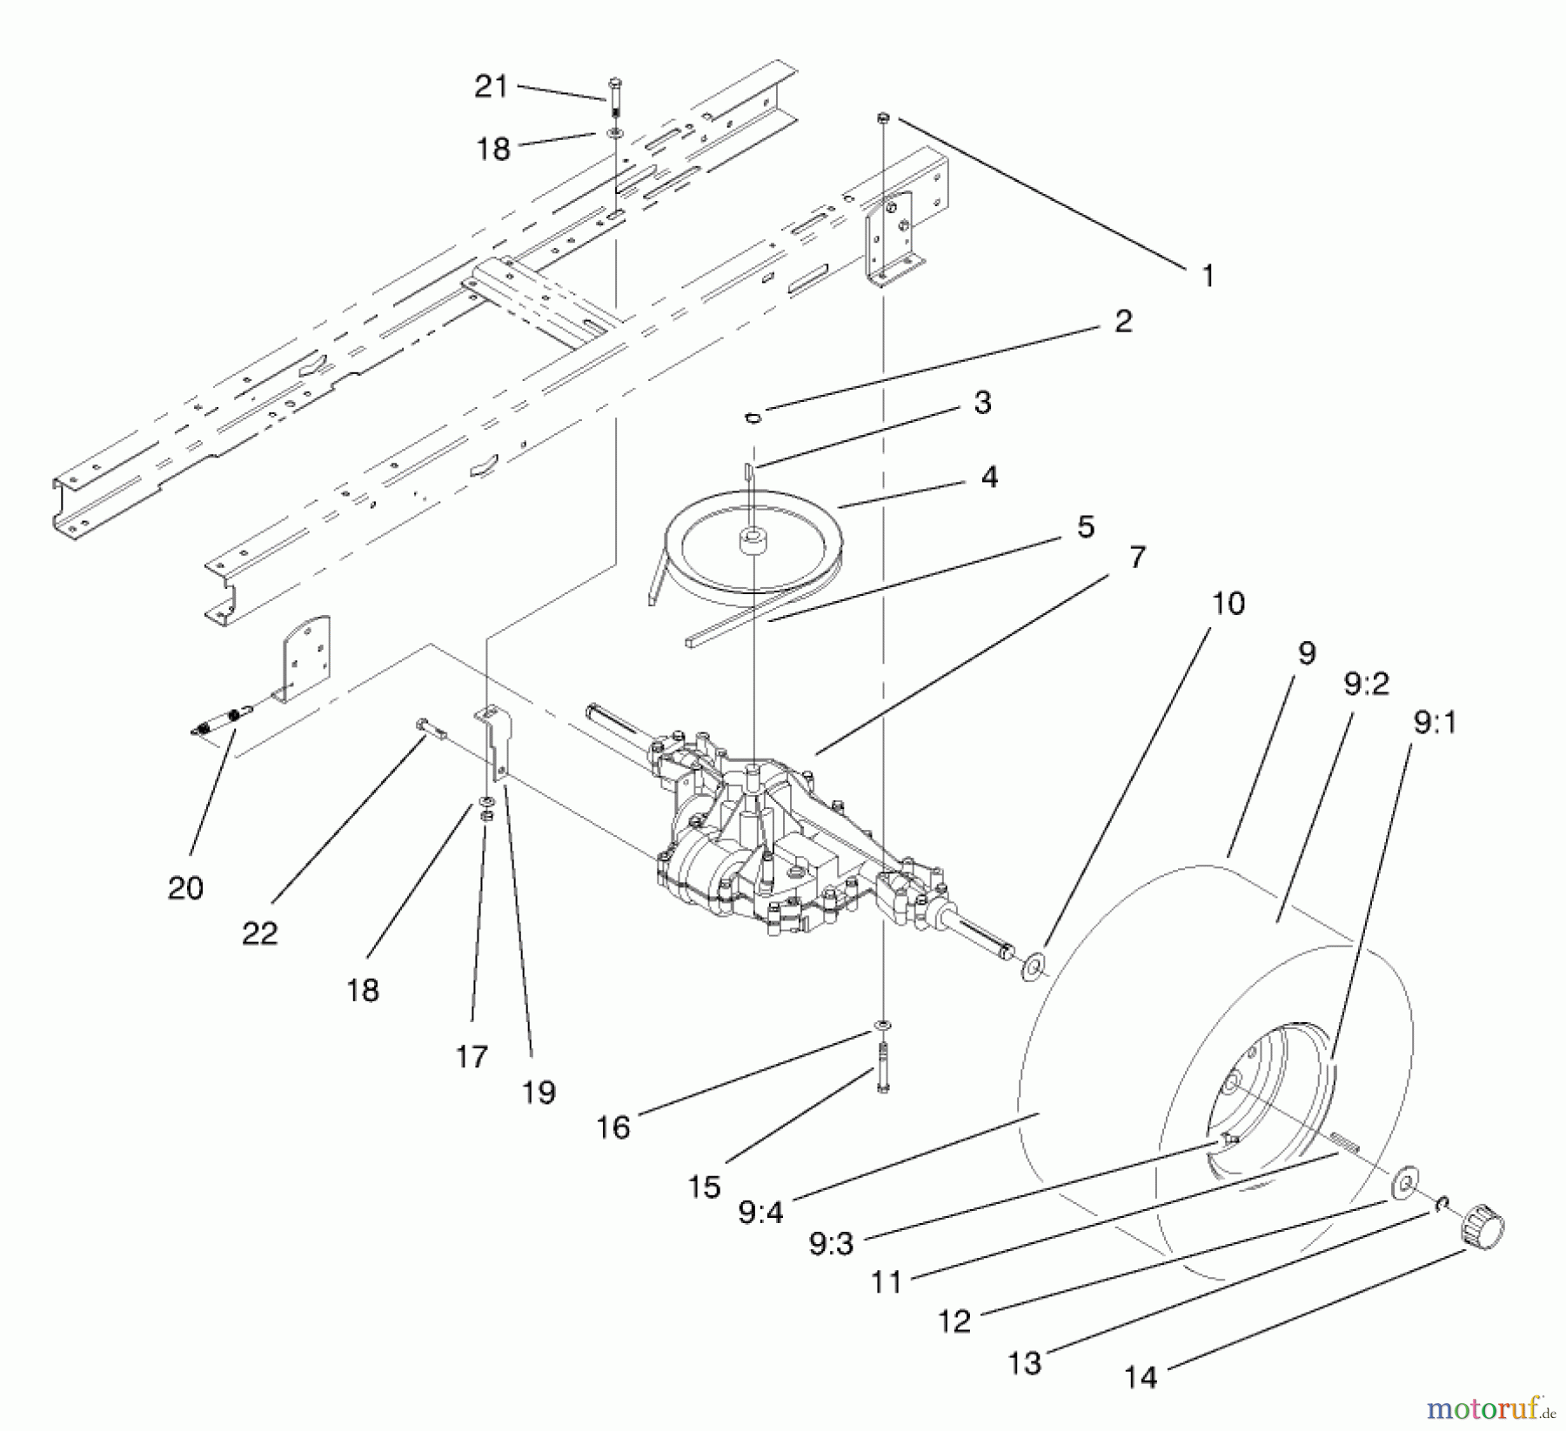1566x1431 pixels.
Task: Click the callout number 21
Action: [x=491, y=86]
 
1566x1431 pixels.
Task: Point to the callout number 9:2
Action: [x=1366, y=685]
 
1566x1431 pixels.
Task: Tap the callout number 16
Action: [x=613, y=1127]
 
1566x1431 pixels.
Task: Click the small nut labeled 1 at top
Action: [x=882, y=117]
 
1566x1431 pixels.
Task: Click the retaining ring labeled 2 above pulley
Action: [x=753, y=417]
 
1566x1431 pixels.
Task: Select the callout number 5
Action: [x=1085, y=527]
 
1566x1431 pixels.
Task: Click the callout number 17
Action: [x=472, y=1057]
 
